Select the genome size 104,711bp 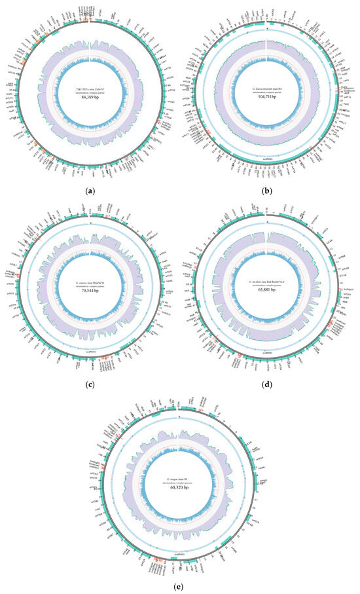pyautogui.click(x=267, y=102)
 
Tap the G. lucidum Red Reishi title pyautogui.click(x=267, y=282)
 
